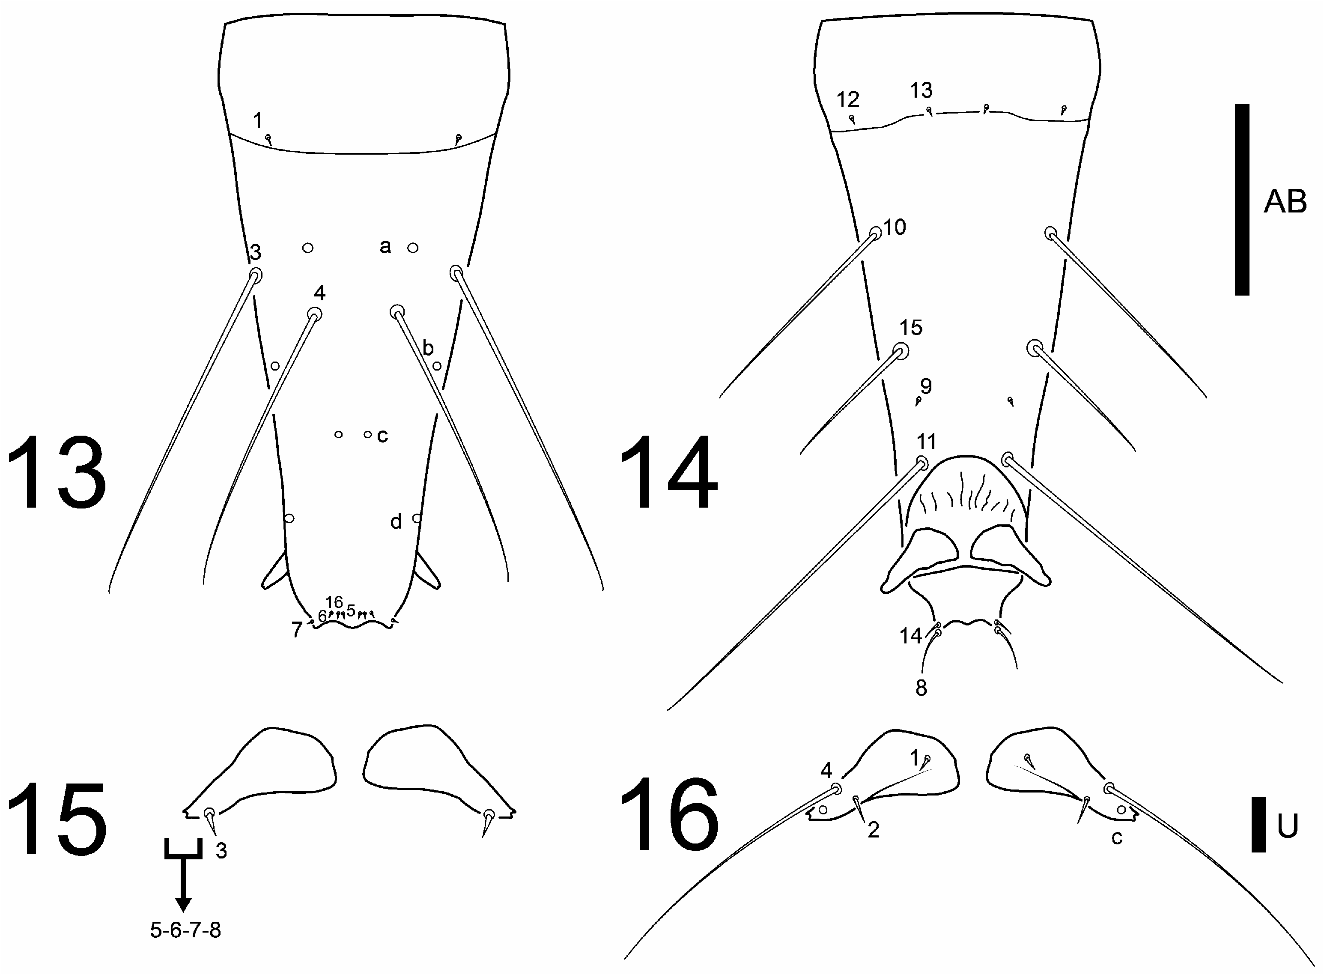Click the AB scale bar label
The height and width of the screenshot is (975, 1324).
[1285, 202]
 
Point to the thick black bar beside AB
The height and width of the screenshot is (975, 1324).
[1241, 200]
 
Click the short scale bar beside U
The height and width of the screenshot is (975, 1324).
[1258, 825]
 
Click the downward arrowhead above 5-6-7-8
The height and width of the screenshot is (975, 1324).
[183, 904]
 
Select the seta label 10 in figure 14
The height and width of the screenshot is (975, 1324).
[895, 227]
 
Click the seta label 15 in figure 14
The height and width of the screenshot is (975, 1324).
[911, 328]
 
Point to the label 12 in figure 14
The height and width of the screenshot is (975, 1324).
[848, 100]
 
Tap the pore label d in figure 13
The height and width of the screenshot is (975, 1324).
[396, 521]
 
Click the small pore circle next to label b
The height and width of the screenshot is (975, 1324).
[437, 366]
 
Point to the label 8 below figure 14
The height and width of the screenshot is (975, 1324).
[921, 688]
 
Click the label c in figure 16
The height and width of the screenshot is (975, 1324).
[1116, 837]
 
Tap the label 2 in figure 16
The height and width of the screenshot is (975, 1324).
[874, 830]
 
